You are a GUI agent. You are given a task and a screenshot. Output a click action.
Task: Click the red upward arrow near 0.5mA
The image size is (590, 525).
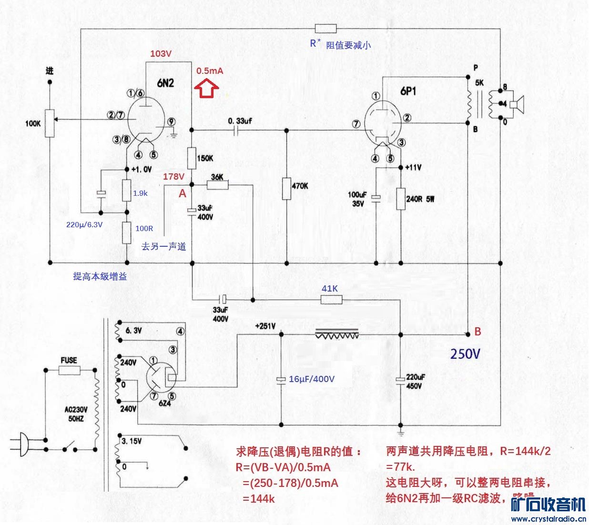coord(206,89)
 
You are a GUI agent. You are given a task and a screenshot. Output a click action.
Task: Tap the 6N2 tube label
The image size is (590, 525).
coord(165,83)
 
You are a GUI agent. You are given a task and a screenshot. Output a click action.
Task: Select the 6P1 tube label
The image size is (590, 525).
coord(408,91)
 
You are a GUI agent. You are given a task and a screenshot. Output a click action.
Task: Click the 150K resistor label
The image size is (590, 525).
coord(205,158)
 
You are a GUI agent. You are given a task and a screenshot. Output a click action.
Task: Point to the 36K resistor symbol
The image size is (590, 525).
coord(217,185)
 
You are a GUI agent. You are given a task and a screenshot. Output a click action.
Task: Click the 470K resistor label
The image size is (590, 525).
coord(299,186)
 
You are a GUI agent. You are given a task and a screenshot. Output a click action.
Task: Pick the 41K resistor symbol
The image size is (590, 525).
coord(331,300)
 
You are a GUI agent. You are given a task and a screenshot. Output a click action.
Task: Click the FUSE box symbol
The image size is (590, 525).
coord(69,370)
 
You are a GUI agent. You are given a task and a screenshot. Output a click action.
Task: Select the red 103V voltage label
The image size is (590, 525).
coord(161,53)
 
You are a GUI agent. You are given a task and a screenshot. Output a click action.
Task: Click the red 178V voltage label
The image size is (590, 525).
coord(173,177)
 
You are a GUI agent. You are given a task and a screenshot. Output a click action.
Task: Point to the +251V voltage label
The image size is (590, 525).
coord(265,326)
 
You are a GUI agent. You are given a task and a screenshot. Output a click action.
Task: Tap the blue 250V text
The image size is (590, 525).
coord(466,354)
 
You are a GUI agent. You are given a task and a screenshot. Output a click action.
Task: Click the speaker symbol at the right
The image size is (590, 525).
coord(516,104)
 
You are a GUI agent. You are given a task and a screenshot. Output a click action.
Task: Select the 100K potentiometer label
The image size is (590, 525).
coord(33,123)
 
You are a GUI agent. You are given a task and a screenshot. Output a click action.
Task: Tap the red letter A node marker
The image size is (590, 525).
coord(182,193)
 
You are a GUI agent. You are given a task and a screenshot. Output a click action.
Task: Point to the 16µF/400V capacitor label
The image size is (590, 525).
coord(312,379)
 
